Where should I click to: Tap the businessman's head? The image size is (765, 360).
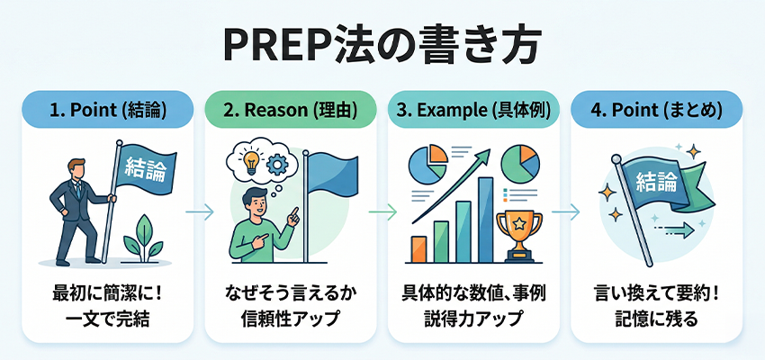point(78,168)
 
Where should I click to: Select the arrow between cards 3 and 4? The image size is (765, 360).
point(564,212)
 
